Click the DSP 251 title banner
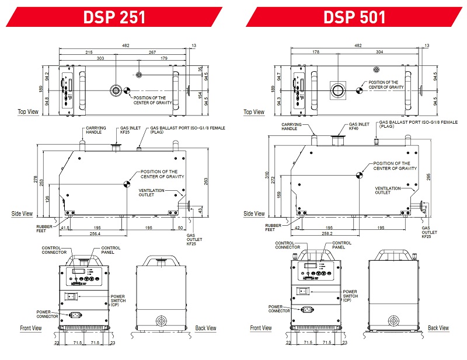(114, 17)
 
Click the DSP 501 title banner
(354, 17)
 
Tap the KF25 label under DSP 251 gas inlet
(125, 132)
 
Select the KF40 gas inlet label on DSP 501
(354, 128)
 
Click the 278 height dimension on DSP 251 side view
(36, 179)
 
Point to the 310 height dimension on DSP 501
(267, 175)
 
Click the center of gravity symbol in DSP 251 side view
(127, 184)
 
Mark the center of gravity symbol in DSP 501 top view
(360, 90)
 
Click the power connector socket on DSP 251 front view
(74, 314)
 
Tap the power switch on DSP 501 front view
(304, 291)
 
